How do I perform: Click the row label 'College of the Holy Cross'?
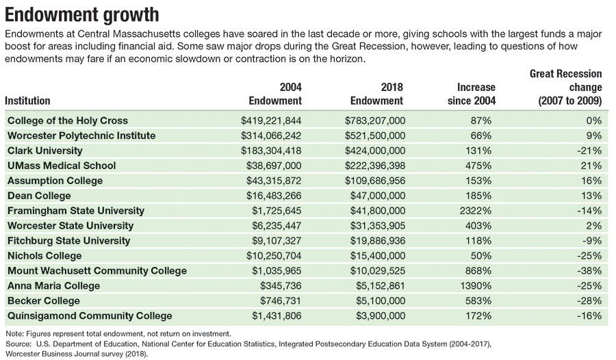pos(68,120)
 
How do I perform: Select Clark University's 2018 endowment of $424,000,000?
pos(376,151)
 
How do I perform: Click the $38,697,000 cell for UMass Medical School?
pos(271,166)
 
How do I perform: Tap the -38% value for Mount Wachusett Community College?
pos(588,271)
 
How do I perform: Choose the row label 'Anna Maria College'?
pos(53,286)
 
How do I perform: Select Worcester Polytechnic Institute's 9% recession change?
pos(593,136)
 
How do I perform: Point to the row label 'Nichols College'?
pos(44,256)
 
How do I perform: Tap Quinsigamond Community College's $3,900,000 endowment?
pos(378,316)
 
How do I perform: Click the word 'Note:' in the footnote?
pos(14,333)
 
